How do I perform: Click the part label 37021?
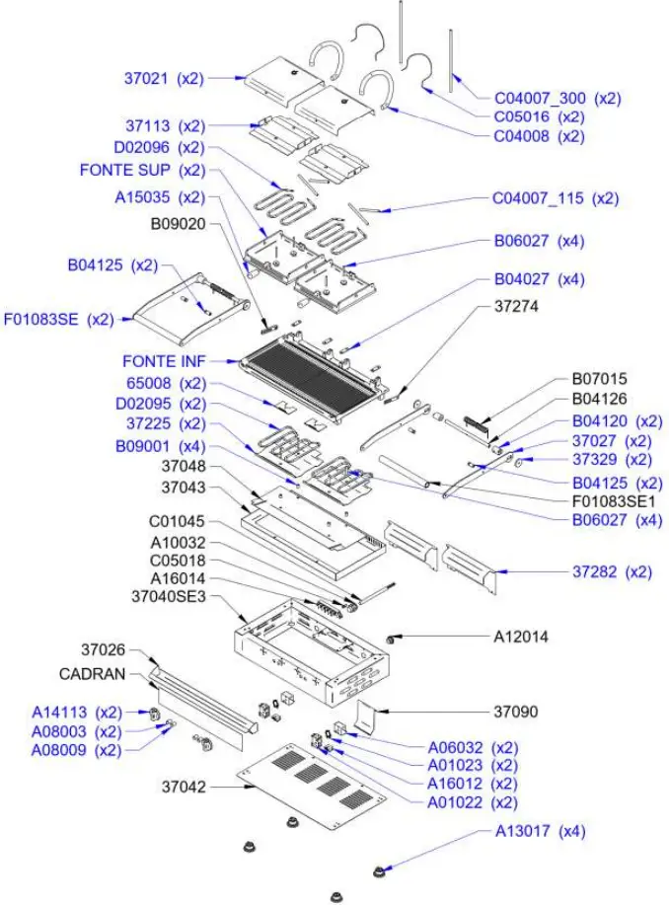[x=163, y=77]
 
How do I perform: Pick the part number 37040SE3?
[x=169, y=596]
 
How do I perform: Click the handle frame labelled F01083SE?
[x=183, y=309]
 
